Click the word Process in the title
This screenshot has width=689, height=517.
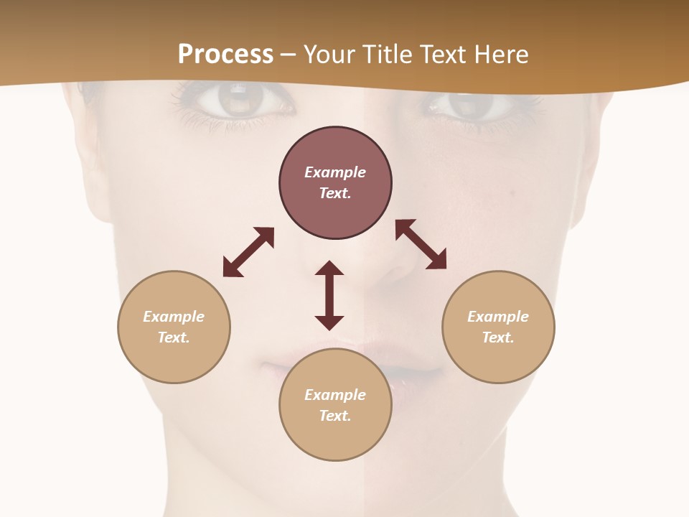(225, 55)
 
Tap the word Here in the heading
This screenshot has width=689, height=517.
(500, 55)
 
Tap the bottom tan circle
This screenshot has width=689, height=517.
(335, 438)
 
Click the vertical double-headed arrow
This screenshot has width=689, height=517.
(329, 295)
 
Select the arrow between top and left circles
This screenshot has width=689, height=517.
(248, 251)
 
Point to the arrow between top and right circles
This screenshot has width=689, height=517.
(421, 244)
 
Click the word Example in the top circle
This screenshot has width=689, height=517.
(335, 172)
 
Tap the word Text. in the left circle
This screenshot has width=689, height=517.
(174, 337)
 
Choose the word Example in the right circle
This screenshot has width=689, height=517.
(498, 317)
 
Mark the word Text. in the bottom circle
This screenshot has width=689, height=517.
(335, 416)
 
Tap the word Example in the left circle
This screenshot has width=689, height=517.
(174, 317)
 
